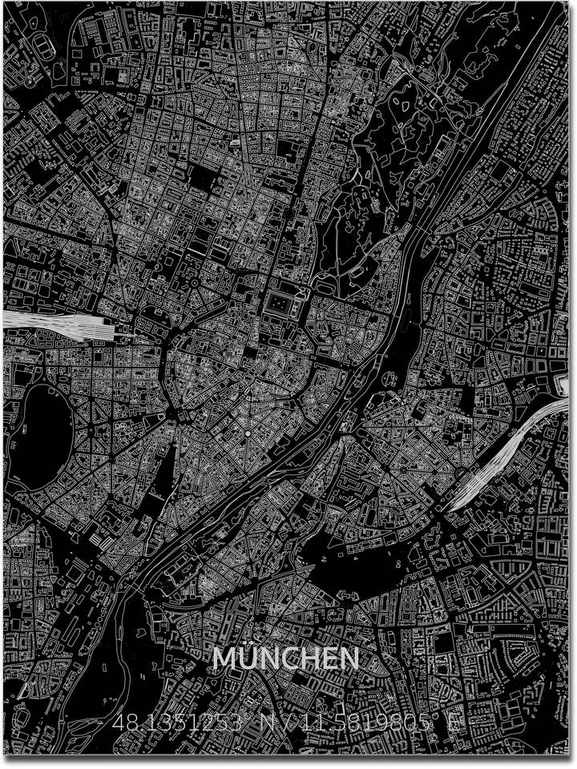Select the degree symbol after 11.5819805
click(x=437, y=718)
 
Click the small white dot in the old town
click(x=248, y=433)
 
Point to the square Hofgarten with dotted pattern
click(x=279, y=304)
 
